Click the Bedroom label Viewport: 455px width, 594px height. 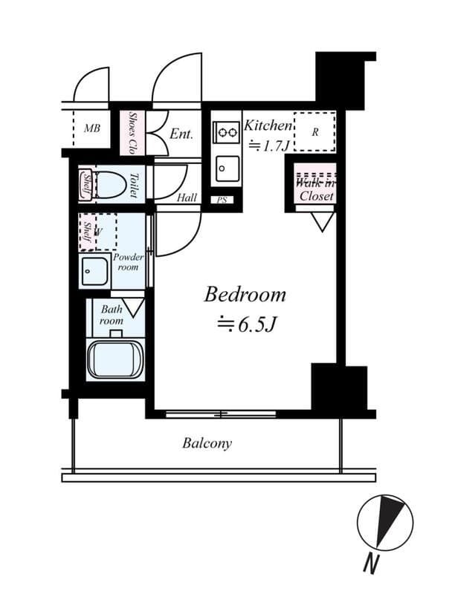coord(245,295)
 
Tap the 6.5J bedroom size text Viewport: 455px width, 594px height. coord(246,324)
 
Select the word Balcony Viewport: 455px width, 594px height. coord(207,444)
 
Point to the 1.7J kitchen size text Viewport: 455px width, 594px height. coord(266,145)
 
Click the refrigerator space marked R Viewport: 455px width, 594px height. coord(314,133)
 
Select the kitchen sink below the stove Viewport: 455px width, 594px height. coord(226,170)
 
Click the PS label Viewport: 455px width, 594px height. coord(221,200)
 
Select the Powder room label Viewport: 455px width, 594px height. coord(128,261)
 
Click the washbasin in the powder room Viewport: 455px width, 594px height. coord(95,272)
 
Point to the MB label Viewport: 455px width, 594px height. coord(91,128)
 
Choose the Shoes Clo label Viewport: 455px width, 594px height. coord(132,131)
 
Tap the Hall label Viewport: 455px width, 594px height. coord(187,198)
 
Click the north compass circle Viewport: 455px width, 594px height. coord(384,523)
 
